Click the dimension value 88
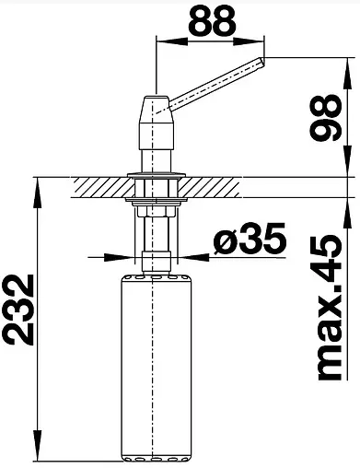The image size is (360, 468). pyautogui.click(x=212, y=20)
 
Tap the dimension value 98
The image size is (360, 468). pyautogui.click(x=325, y=117)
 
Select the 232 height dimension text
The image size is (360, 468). pyautogui.click(x=18, y=310)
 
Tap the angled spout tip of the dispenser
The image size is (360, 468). pyautogui.click(x=262, y=63)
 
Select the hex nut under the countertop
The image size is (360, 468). pyautogui.click(x=157, y=211)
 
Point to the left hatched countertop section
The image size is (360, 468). pyautogui.click(x=102, y=187)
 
